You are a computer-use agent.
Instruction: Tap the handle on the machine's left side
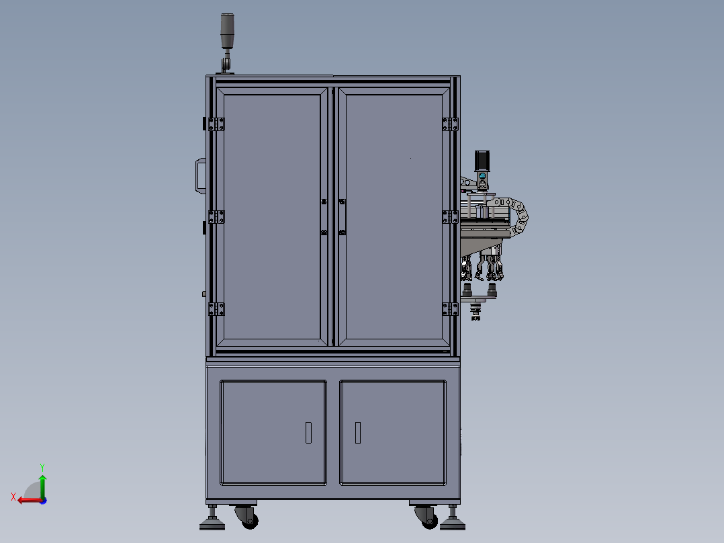click(x=199, y=176)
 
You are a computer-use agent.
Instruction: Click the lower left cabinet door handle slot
click(x=308, y=432)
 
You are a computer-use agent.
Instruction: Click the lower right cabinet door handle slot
click(x=358, y=432)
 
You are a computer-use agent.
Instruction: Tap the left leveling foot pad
click(x=213, y=524)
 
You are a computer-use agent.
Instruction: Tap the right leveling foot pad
click(x=453, y=524)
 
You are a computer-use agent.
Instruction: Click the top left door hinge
click(x=216, y=124)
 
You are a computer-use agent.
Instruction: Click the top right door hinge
click(x=450, y=124)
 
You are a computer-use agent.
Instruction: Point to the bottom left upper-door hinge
click(x=216, y=308)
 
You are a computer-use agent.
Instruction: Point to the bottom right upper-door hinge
click(x=450, y=308)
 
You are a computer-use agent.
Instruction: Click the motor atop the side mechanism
click(x=482, y=161)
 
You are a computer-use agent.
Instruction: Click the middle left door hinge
click(x=216, y=216)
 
